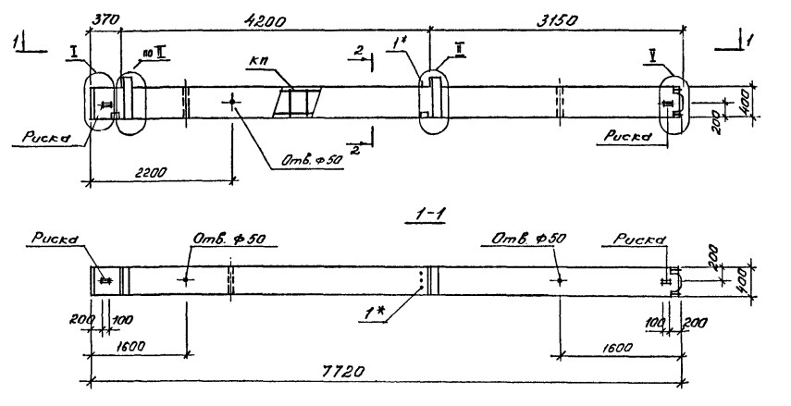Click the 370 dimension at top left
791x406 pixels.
pyautogui.click(x=107, y=18)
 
